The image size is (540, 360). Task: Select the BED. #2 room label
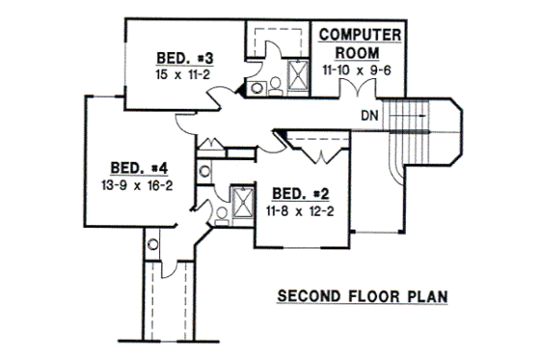point(300,191)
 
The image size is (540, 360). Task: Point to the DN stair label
point(368,117)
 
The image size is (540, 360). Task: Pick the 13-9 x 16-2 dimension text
point(134,183)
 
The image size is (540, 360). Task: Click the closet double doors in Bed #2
point(315,152)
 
